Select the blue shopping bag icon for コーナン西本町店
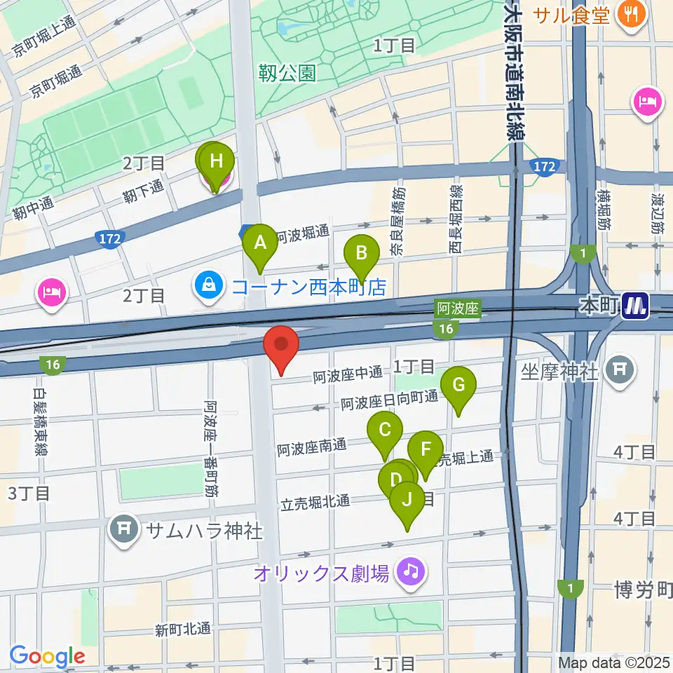(208, 285)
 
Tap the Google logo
(48, 656)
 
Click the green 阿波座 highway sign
(457, 308)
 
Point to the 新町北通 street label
(183, 629)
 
